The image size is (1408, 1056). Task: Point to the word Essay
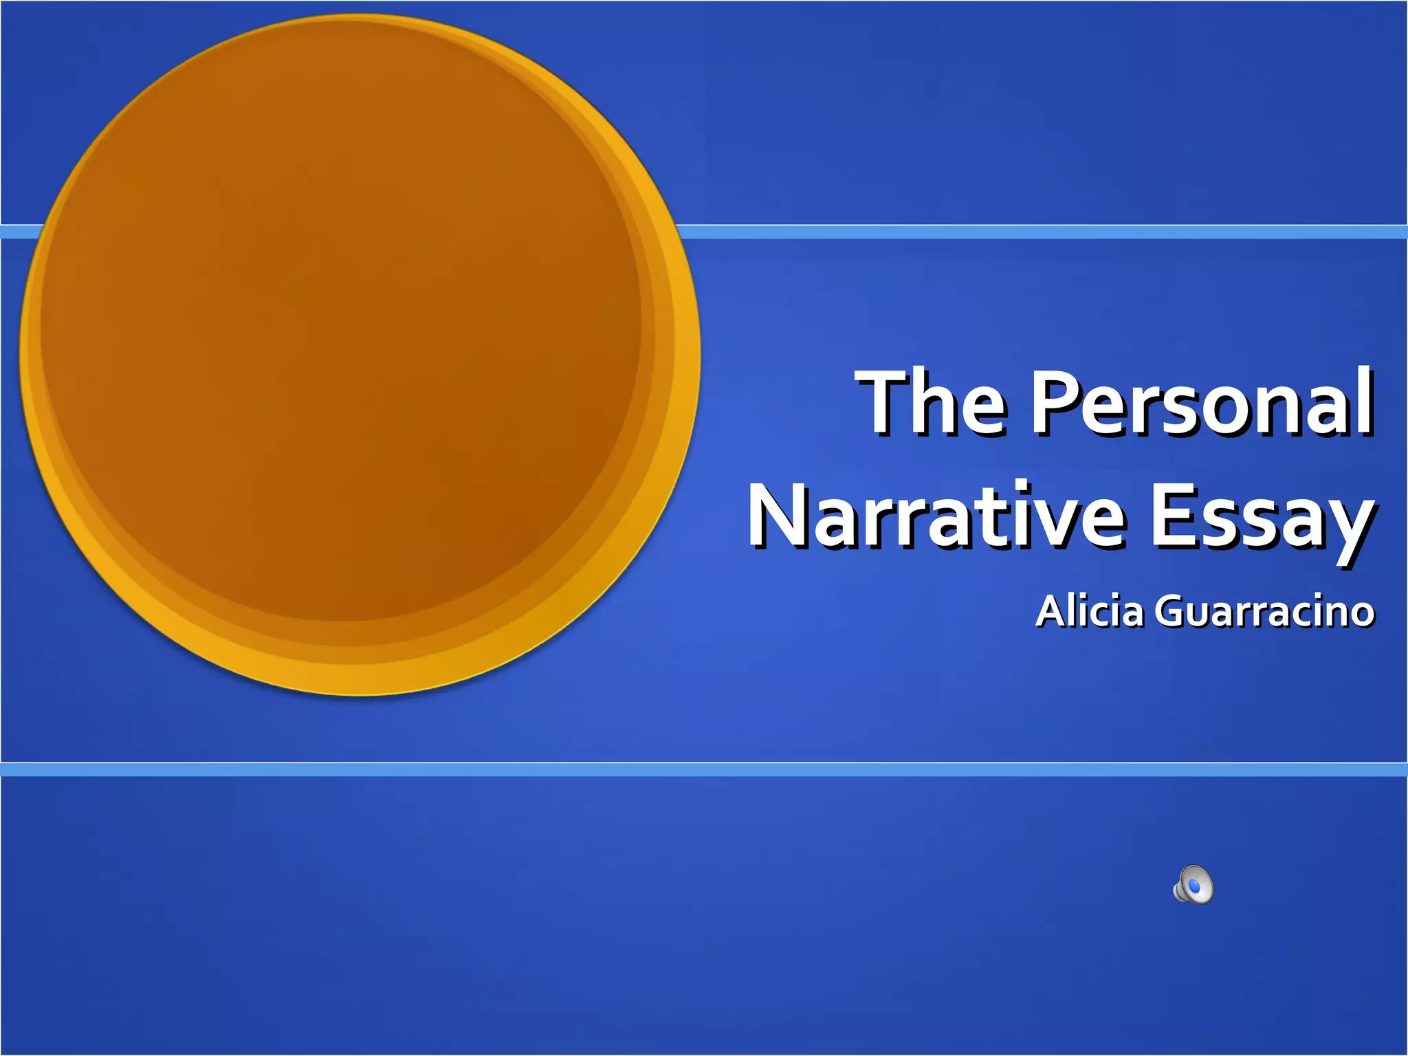click(x=1262, y=519)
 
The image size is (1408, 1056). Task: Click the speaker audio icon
click(x=1193, y=884)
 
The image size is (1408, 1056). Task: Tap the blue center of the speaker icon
click(x=1196, y=887)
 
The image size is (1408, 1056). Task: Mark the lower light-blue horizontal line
click(x=704, y=769)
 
